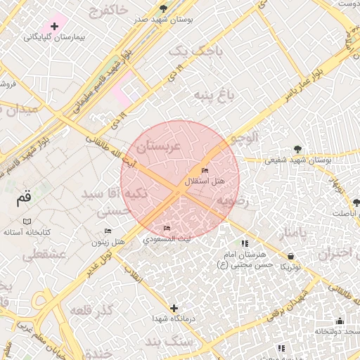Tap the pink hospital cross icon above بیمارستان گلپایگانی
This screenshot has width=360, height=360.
[54, 26]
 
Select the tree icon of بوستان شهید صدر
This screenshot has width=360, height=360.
[164, 9]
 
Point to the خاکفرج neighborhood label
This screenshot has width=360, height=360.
[110, 10]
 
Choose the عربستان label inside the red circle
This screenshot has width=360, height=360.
[159, 146]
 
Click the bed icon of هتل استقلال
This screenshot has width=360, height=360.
[205, 171]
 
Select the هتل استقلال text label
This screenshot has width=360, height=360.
[205, 181]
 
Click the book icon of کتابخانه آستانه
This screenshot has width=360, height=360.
[27, 221]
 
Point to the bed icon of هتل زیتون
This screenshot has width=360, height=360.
[108, 231]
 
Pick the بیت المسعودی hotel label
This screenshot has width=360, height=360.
[167, 239]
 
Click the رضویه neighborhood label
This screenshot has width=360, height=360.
[233, 200]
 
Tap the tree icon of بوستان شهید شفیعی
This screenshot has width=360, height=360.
[298, 149]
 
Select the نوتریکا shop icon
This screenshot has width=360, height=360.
[291, 256]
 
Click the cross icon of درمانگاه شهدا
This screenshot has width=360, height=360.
[174, 308]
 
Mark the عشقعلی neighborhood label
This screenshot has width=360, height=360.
[44, 255]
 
